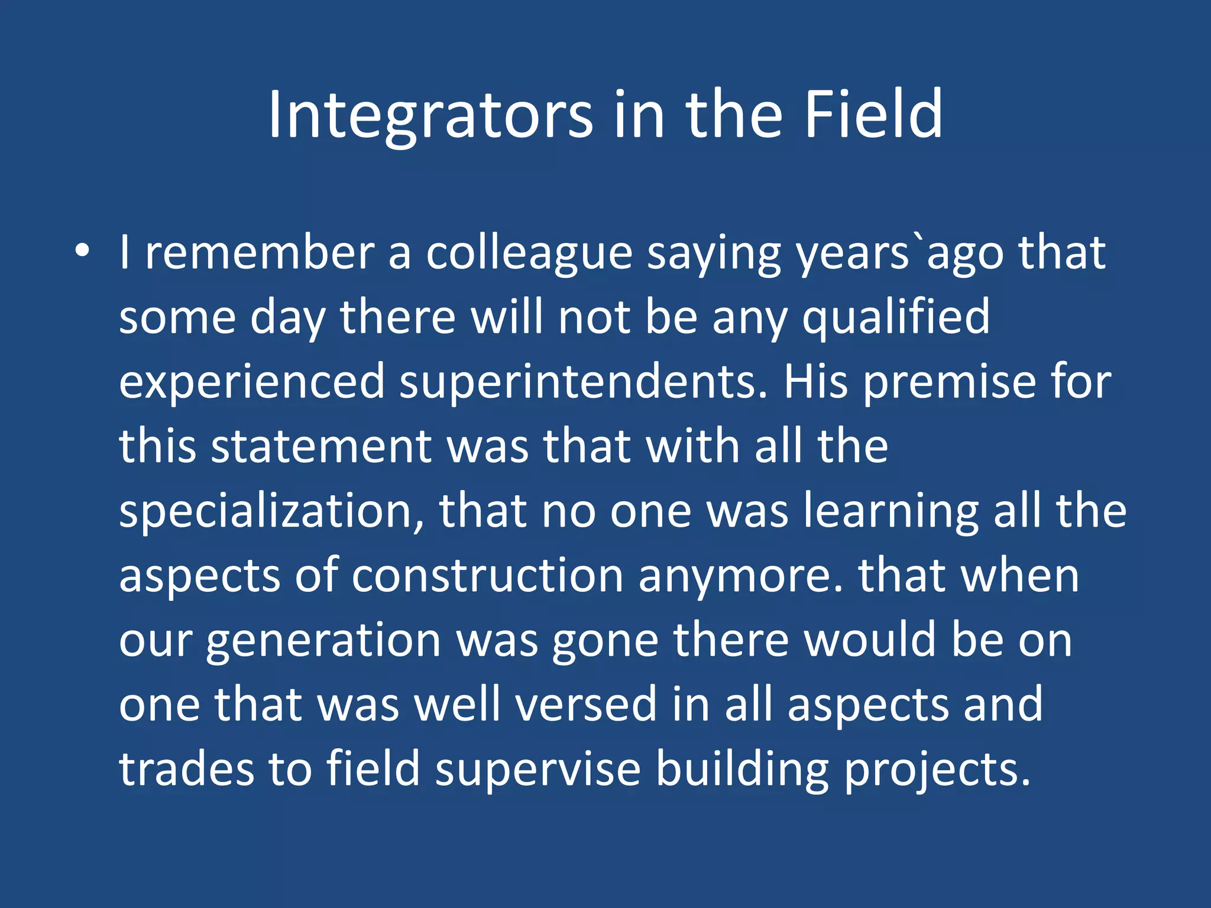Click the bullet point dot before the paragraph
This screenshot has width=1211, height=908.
pos(82,251)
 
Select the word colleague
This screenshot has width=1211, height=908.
pos(529,253)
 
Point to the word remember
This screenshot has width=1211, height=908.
pos(260,253)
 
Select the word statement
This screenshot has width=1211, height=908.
pos(370,446)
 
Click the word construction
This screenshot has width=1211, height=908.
pos(487,576)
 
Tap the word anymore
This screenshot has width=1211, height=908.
pos(739,576)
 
